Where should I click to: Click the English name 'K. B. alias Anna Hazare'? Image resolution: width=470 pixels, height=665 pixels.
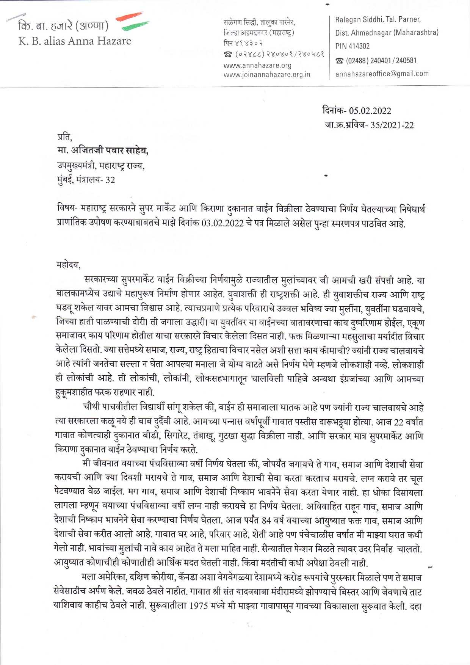[75, 41]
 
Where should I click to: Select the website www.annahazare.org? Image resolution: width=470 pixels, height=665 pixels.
[257, 66]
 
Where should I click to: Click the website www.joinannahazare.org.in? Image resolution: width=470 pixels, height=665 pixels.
[267, 75]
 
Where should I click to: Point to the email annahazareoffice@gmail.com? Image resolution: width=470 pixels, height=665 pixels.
[382, 74]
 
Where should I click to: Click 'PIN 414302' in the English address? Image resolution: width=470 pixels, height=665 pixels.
[352, 46]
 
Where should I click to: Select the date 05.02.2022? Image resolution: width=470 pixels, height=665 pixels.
[370, 111]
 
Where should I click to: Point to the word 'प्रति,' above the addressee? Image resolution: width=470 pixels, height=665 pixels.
[64, 136]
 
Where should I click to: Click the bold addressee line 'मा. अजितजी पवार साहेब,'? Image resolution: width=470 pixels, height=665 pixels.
[103, 151]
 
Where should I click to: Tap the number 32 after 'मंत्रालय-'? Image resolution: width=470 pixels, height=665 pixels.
[110, 180]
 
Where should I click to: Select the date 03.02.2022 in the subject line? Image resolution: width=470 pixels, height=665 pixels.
[222, 223]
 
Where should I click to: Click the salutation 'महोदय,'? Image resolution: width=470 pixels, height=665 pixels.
[68, 265]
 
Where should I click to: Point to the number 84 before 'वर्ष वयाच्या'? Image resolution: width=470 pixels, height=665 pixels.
[266, 521]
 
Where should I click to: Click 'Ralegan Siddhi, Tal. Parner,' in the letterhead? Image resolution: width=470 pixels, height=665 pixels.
[378, 19]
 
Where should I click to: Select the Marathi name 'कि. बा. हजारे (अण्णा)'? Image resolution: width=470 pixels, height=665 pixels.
[63, 26]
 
